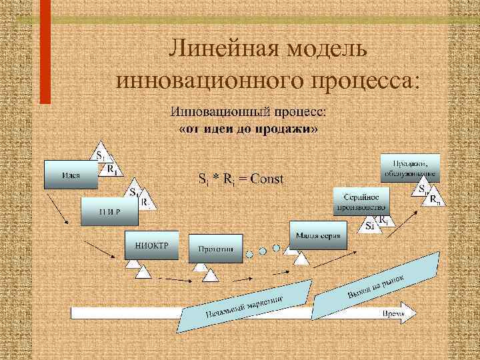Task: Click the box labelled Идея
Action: click(x=72, y=175)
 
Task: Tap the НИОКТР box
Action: click(x=151, y=245)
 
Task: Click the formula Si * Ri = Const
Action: click(x=241, y=179)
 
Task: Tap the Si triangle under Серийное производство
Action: click(x=369, y=225)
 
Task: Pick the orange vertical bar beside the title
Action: click(x=45, y=52)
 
